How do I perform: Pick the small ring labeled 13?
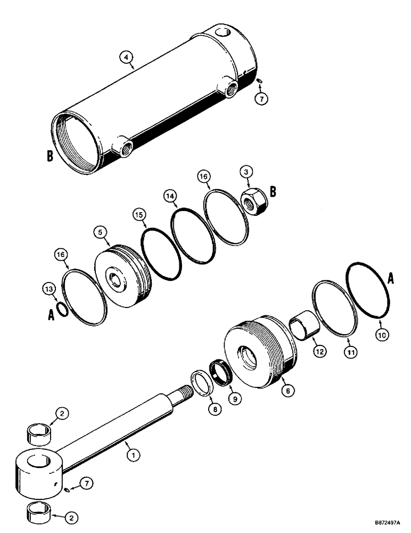[62, 309]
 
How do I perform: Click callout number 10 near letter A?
[382, 335]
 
